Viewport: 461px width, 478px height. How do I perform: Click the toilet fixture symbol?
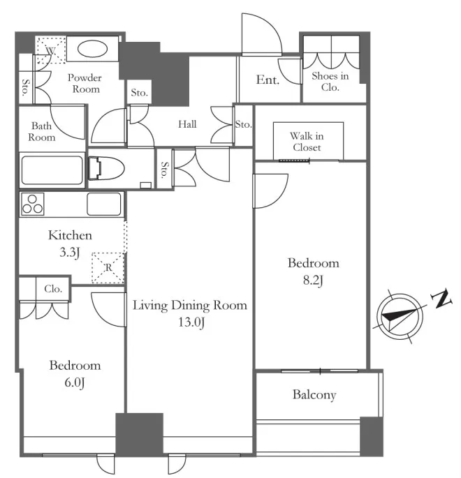pyautogui.click(x=106, y=168)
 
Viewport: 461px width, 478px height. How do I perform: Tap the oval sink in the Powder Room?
pyautogui.click(x=92, y=49)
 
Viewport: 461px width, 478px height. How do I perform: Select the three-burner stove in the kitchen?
pyautogui.click(x=32, y=204)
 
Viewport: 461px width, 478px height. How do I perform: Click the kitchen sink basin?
pyautogui.click(x=104, y=204)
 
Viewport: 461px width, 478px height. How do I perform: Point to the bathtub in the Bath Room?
pyautogui.click(x=52, y=170)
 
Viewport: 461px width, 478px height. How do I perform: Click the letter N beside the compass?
pyautogui.click(x=441, y=298)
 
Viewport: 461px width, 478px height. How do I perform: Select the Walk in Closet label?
pyautogui.click(x=307, y=142)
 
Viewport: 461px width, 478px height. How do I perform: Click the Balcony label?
pyautogui.click(x=314, y=395)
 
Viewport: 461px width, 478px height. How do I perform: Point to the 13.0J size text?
pyautogui.click(x=191, y=322)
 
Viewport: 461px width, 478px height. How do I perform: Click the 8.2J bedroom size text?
pyautogui.click(x=313, y=281)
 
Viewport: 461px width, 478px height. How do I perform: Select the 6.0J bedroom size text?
pyautogui.click(x=75, y=382)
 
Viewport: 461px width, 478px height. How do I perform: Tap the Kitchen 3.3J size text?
pyautogui.click(x=70, y=253)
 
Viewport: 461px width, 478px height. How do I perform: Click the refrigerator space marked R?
pyautogui.click(x=108, y=268)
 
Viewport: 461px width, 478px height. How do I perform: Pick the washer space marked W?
pyautogui.click(x=51, y=50)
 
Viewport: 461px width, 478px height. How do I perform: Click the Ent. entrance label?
pyautogui.click(x=268, y=80)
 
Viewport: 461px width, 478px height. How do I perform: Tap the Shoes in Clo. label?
pyautogui.click(x=330, y=82)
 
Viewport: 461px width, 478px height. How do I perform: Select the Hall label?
pyautogui.click(x=187, y=124)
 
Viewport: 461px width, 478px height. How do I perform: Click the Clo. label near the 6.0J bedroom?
pyautogui.click(x=53, y=289)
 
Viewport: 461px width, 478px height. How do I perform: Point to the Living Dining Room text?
pyautogui.click(x=190, y=306)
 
